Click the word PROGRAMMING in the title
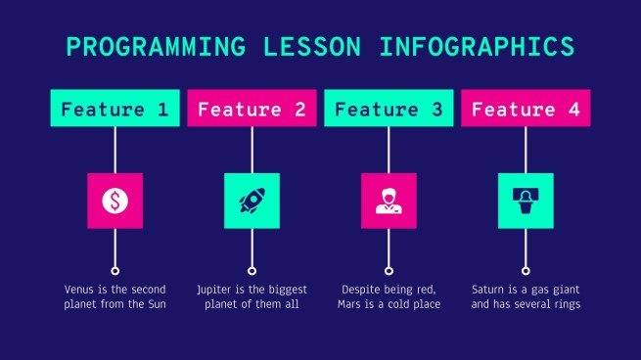(x=156, y=46)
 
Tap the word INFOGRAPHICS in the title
(x=477, y=46)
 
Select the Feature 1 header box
(x=114, y=108)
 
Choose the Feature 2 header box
(x=252, y=108)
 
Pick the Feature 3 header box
(x=389, y=108)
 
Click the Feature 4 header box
(x=526, y=108)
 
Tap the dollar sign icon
(x=114, y=201)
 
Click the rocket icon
(x=252, y=201)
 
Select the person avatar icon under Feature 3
(x=389, y=201)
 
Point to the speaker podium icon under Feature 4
(x=526, y=201)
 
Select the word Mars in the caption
(x=348, y=304)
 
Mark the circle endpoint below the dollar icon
(x=114, y=271)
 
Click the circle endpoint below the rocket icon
(x=252, y=271)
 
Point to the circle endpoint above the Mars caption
(x=389, y=271)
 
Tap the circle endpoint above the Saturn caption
(x=526, y=271)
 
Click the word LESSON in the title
(x=312, y=46)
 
